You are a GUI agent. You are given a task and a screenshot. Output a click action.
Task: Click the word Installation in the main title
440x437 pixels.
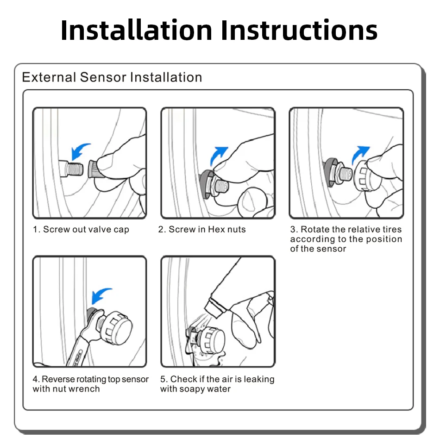point(136,30)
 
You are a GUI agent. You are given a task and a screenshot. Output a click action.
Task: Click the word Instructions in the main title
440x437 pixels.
point(299,30)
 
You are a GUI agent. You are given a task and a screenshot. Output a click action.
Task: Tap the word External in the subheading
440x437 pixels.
point(49,77)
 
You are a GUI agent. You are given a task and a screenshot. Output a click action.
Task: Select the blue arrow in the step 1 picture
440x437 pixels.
point(80,151)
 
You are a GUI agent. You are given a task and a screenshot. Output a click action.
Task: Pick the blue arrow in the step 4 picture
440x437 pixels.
point(101,295)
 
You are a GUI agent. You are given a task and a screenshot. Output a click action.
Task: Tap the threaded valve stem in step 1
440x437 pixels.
point(71,169)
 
